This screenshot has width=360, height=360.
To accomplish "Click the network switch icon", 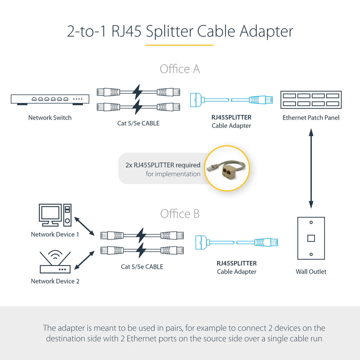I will click(49, 99).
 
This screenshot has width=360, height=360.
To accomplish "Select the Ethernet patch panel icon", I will click(310, 99).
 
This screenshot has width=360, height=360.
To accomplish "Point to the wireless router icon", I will click(54, 263).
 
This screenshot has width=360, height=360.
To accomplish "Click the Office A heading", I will click(180, 69).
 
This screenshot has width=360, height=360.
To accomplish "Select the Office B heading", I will click(180, 213).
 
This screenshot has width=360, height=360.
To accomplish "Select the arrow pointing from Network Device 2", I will click(84, 260).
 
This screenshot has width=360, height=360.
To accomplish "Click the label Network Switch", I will click(49, 118).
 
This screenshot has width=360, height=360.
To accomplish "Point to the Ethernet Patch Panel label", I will click(311, 118).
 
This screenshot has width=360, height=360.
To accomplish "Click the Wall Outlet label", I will click(311, 271).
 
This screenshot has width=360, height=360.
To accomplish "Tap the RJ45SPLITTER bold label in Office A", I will click(231, 117).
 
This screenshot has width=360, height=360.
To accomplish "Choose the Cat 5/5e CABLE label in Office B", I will click(142, 267).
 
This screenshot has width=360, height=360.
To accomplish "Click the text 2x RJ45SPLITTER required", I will click(163, 165).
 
